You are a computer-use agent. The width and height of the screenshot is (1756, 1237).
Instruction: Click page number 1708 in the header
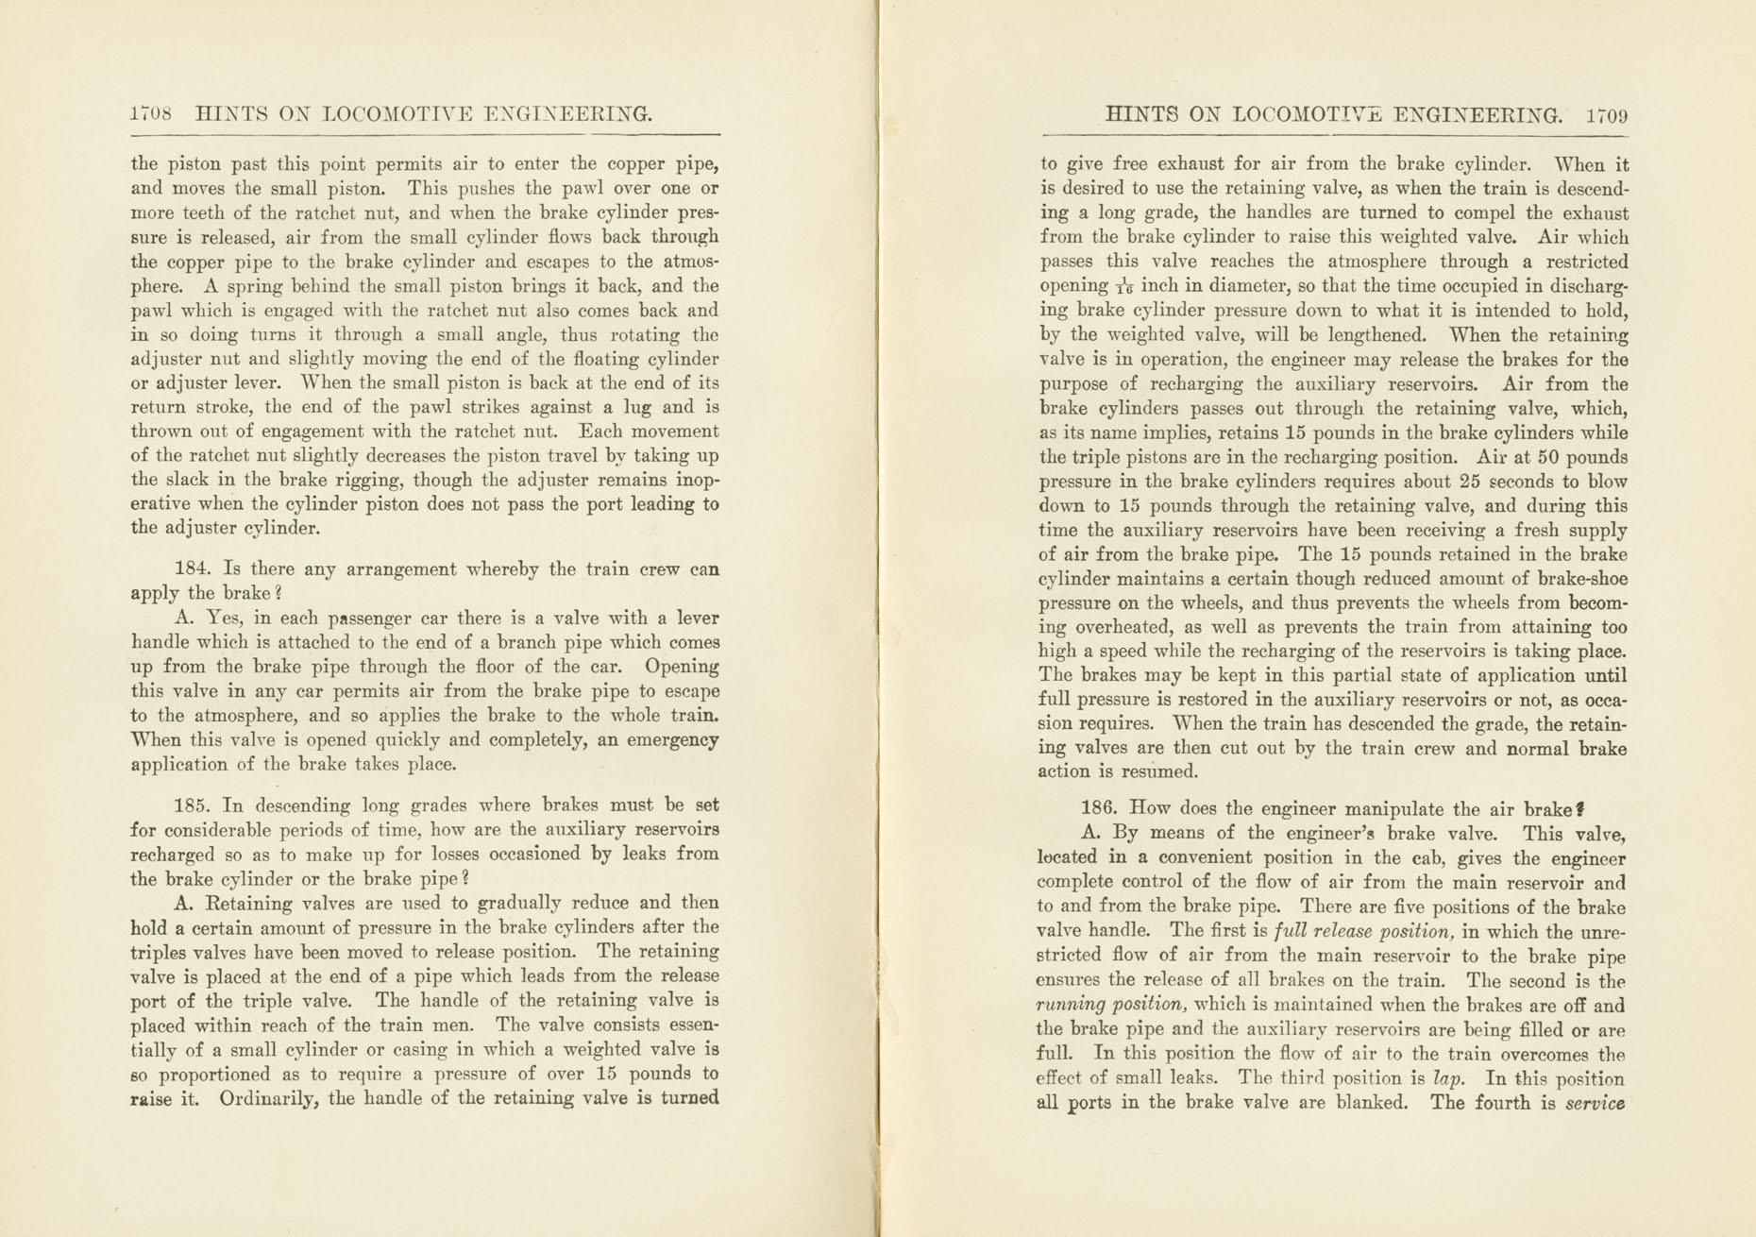pos(151,114)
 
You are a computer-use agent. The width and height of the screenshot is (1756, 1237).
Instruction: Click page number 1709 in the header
pos(1607,116)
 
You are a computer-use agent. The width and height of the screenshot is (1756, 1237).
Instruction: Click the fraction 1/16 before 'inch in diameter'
pos(1124,287)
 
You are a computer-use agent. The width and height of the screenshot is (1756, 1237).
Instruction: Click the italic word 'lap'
pos(1448,1078)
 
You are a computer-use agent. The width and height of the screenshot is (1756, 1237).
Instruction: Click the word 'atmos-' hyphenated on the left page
pos(686,262)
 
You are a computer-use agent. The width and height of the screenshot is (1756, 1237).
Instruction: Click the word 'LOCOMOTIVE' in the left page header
pos(398,115)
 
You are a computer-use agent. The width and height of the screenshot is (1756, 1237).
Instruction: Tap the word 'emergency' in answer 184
pos(672,739)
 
